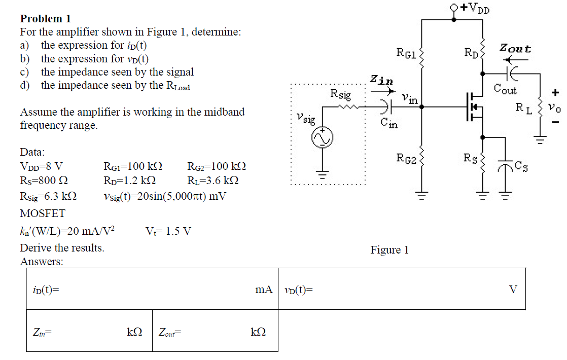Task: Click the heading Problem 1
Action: tap(46, 19)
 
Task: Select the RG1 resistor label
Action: tap(407, 52)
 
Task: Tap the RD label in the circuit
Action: tap(471, 52)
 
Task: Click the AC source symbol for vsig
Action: tap(322, 138)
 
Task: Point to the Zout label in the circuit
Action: tap(515, 49)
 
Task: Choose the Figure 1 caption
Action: tap(389, 250)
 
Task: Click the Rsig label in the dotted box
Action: tap(340, 94)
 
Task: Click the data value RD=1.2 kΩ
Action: tap(129, 181)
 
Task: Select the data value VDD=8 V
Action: tap(42, 166)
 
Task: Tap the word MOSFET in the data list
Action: tap(43, 213)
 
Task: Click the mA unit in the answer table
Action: tap(264, 290)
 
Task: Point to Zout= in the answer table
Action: tap(170, 333)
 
